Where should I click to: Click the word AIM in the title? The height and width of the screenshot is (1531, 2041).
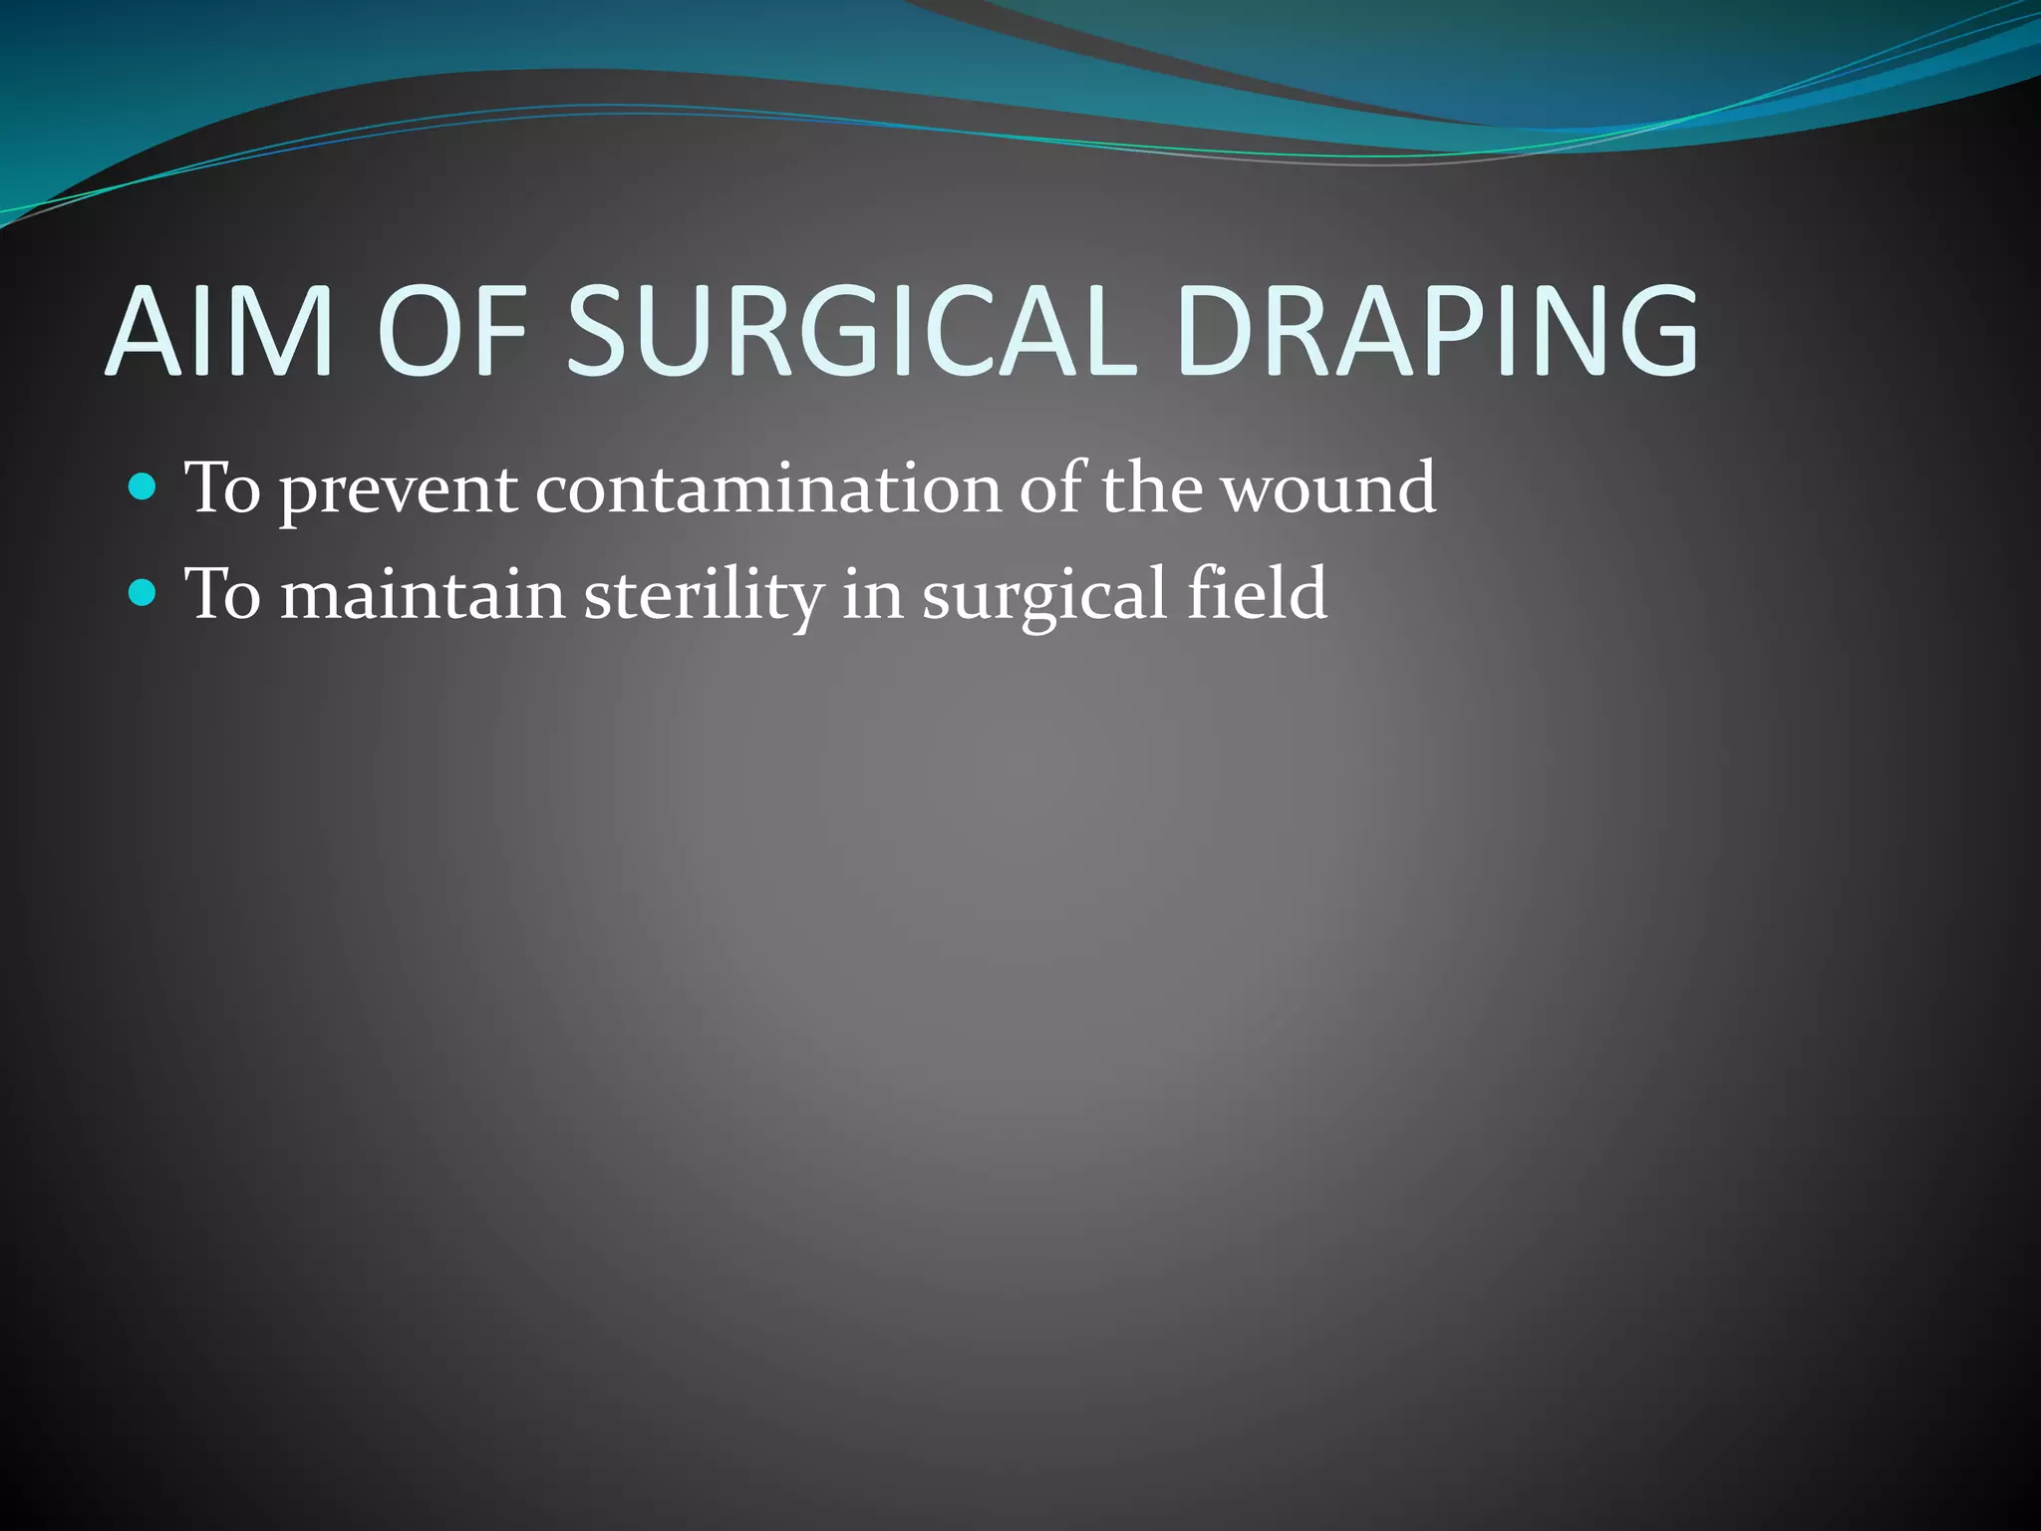tap(218, 331)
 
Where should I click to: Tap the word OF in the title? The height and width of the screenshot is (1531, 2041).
tap(451, 331)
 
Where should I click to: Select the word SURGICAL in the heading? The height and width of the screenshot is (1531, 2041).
tap(852, 331)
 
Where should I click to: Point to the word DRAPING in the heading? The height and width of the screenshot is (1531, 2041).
tap(1436, 331)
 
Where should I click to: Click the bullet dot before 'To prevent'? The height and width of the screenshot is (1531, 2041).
tap(144, 487)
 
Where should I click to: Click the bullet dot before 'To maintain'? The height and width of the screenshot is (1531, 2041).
tap(144, 593)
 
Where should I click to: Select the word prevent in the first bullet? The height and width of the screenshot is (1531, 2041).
tap(398, 490)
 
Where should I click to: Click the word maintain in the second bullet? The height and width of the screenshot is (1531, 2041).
tap(423, 595)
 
